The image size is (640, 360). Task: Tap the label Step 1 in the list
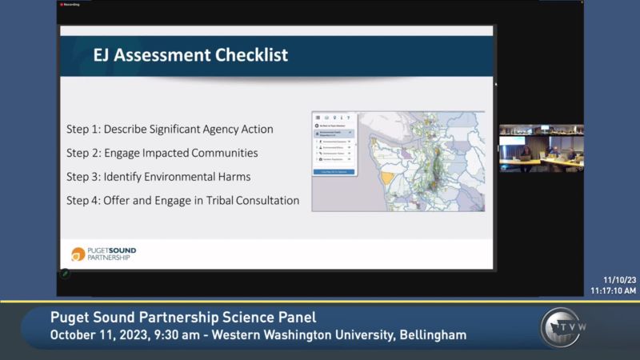(x=84, y=129)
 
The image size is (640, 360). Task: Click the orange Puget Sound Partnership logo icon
(x=78, y=254)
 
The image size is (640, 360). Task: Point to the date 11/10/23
(x=620, y=279)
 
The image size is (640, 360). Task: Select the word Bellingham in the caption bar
(x=429, y=334)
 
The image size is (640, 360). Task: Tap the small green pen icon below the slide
(x=66, y=274)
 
